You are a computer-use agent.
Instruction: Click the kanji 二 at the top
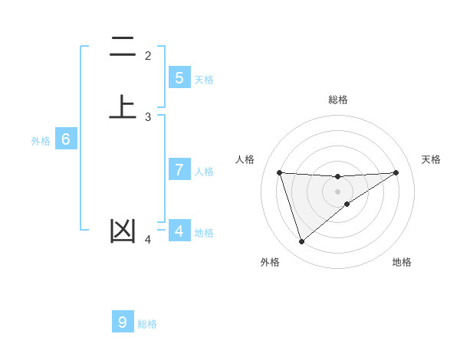(123, 47)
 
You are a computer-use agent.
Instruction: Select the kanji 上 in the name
(123, 107)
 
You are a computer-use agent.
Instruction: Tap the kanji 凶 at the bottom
(123, 231)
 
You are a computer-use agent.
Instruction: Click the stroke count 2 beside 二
(148, 56)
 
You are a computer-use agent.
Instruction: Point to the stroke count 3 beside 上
(148, 117)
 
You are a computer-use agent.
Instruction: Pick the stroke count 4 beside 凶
(148, 241)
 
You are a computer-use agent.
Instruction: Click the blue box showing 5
(179, 78)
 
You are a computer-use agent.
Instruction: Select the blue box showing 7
(179, 170)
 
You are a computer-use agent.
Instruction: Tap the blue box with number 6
(66, 140)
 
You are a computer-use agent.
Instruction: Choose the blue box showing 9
(123, 322)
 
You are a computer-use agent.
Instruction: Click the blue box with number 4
(179, 231)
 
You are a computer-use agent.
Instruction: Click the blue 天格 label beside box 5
(204, 80)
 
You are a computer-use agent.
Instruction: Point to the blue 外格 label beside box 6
(41, 141)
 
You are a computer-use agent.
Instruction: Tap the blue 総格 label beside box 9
(147, 324)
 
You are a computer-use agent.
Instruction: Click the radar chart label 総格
(338, 100)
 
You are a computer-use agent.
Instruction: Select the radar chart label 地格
(402, 262)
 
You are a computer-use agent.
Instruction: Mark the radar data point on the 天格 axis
(396, 172)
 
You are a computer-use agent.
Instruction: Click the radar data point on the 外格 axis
(301, 242)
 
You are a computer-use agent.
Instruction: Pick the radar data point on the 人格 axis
(279, 172)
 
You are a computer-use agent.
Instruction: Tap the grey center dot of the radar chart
(338, 191)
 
